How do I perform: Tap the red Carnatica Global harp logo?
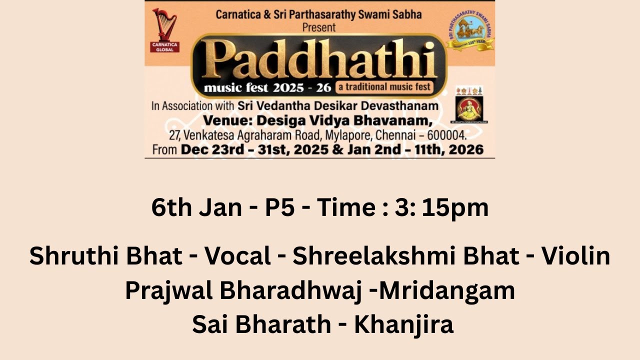point(164,30)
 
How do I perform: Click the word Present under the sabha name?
point(319,27)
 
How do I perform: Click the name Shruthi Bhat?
point(105,256)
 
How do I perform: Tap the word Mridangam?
point(447,290)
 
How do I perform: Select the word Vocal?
point(237,256)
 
